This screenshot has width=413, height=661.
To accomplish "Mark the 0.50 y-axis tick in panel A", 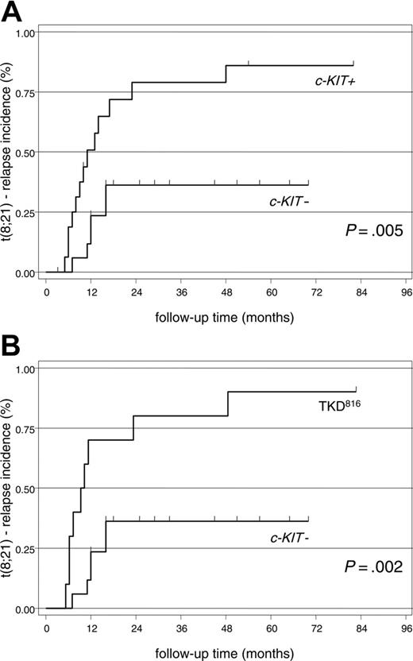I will point(25,153).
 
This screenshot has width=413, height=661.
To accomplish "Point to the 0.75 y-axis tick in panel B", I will point(25,429).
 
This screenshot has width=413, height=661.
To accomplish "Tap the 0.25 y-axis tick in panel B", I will point(25,549).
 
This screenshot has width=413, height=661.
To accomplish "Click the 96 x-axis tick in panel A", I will point(406,290).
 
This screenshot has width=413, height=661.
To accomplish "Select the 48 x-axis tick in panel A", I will point(226,290).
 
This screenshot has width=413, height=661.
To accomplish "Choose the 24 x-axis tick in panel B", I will point(137,627).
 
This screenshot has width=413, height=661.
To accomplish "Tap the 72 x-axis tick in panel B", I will point(316,627).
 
